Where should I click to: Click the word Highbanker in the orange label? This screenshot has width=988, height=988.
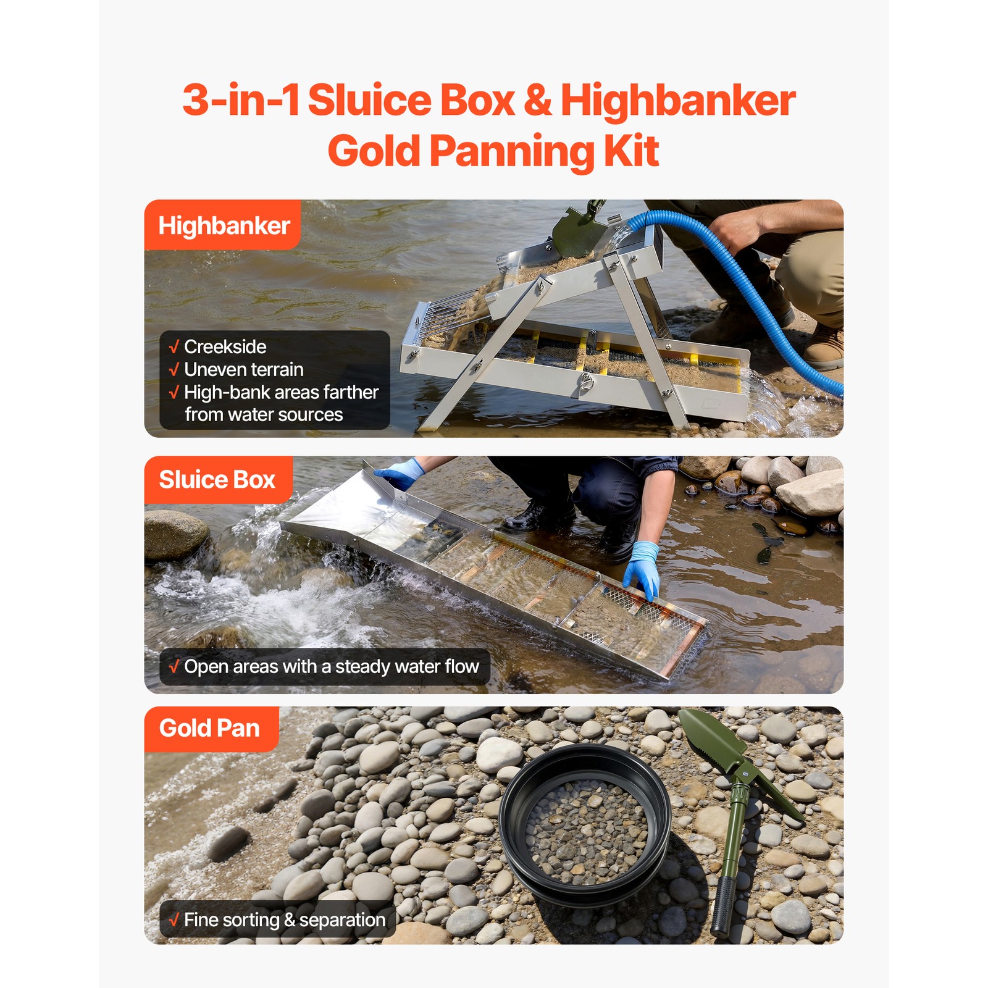point(224,226)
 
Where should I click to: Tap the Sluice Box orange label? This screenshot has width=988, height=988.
point(217,480)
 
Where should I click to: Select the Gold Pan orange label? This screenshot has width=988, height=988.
point(209,729)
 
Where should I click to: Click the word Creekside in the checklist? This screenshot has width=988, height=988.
point(225,347)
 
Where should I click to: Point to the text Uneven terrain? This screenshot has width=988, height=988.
point(243,370)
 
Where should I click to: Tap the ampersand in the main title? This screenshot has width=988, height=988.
point(538,101)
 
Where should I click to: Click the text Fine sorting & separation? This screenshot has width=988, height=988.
point(284,920)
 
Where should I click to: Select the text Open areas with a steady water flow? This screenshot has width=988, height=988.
point(331,667)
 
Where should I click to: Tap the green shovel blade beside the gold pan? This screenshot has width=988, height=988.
point(710,738)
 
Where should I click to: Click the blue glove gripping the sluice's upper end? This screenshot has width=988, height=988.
point(400,474)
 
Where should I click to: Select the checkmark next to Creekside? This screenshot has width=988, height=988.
point(174,347)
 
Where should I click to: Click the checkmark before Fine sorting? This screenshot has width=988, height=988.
point(174,920)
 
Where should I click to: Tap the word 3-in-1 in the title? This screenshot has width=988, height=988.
point(241,101)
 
